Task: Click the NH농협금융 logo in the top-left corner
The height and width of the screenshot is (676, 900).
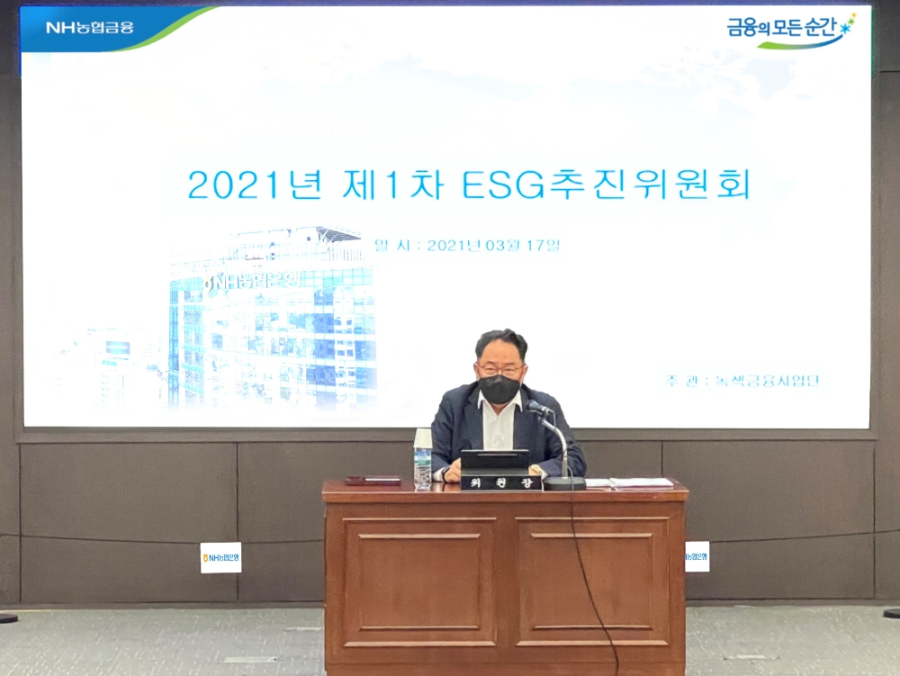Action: click(x=90, y=27)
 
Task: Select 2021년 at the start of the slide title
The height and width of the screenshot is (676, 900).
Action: click(x=255, y=185)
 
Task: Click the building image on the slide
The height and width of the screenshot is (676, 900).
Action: click(x=270, y=320)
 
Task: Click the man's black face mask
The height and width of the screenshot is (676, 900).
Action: click(x=499, y=389)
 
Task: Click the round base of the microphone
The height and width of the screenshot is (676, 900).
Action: click(x=564, y=482)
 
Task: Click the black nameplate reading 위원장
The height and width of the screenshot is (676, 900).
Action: click(x=500, y=483)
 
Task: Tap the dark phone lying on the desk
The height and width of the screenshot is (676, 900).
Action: click(x=372, y=481)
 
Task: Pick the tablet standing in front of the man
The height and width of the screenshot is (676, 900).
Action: click(x=494, y=461)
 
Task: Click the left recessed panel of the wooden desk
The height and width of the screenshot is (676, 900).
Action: click(x=418, y=581)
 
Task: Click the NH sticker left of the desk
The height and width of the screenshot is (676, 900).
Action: click(x=220, y=558)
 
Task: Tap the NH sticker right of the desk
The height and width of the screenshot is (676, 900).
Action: click(x=697, y=557)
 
